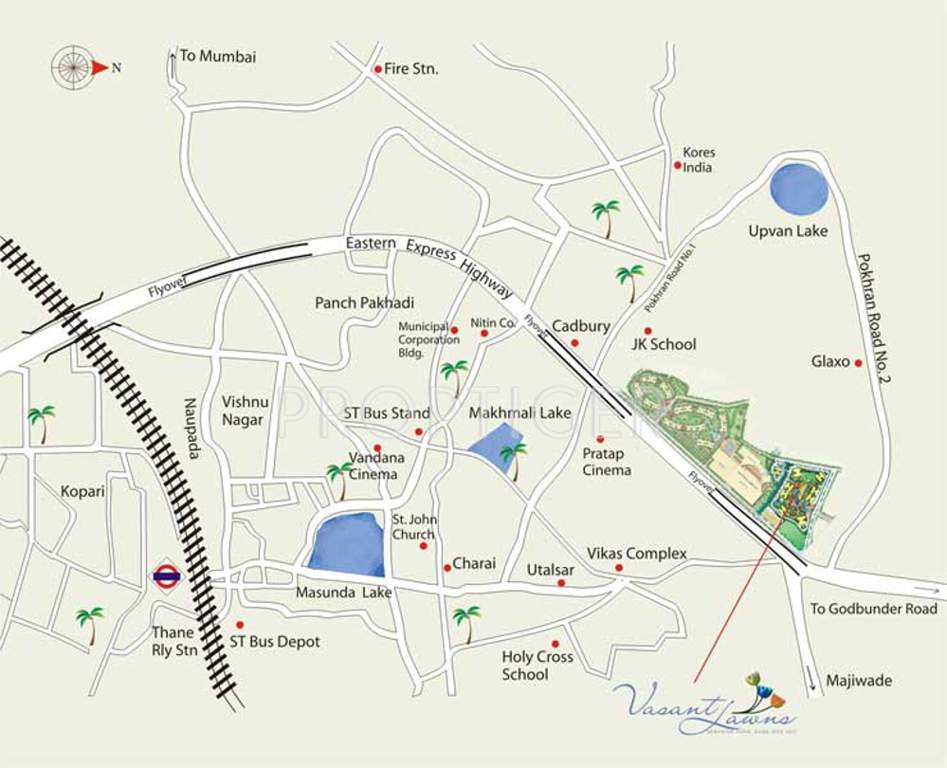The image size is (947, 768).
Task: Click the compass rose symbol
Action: coord(74,67)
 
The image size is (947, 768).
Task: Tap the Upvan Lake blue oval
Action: coord(800,188)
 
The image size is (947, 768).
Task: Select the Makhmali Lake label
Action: coord(519,412)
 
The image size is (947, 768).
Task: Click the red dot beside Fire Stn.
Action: coord(377,69)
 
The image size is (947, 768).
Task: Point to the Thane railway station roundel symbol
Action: coord(165,576)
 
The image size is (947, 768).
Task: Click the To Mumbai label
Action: coord(217,56)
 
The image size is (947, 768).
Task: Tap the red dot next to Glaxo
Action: coord(858,363)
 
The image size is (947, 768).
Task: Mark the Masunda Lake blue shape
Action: coord(346,545)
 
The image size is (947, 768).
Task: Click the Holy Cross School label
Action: coord(537,665)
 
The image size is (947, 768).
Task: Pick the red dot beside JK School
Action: coord(647,330)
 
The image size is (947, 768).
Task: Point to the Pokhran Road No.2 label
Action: coord(874,318)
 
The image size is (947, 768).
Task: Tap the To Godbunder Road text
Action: coord(873,608)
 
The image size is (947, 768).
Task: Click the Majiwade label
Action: coord(858,681)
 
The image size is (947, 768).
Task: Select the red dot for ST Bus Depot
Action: coord(239,624)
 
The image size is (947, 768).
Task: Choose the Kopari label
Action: coord(82,492)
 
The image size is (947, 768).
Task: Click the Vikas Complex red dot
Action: coord(619,568)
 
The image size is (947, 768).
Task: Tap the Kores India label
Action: coord(698,160)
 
